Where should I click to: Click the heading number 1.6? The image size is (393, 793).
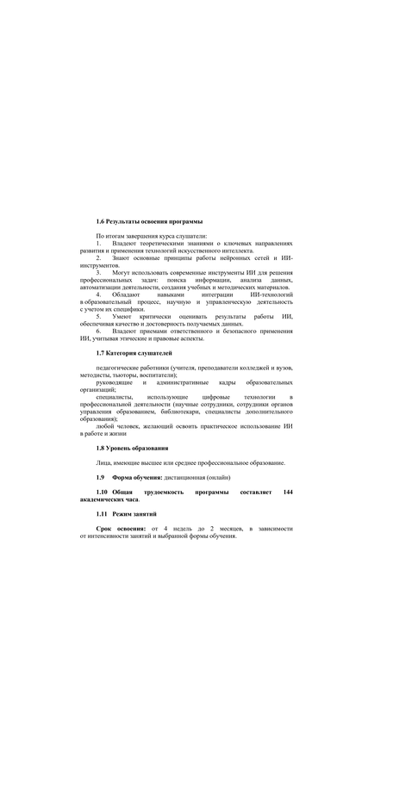tap(100, 223)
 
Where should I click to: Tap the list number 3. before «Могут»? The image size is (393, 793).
tap(98, 273)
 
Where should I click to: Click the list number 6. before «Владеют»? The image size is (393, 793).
tap(98, 331)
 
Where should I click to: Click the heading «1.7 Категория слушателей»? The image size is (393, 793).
tap(134, 353)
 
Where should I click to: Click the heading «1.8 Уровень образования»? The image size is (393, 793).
tap(132, 448)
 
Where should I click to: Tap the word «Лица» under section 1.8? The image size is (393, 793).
tap(103, 462)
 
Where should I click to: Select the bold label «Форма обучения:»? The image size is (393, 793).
tap(139, 477)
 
